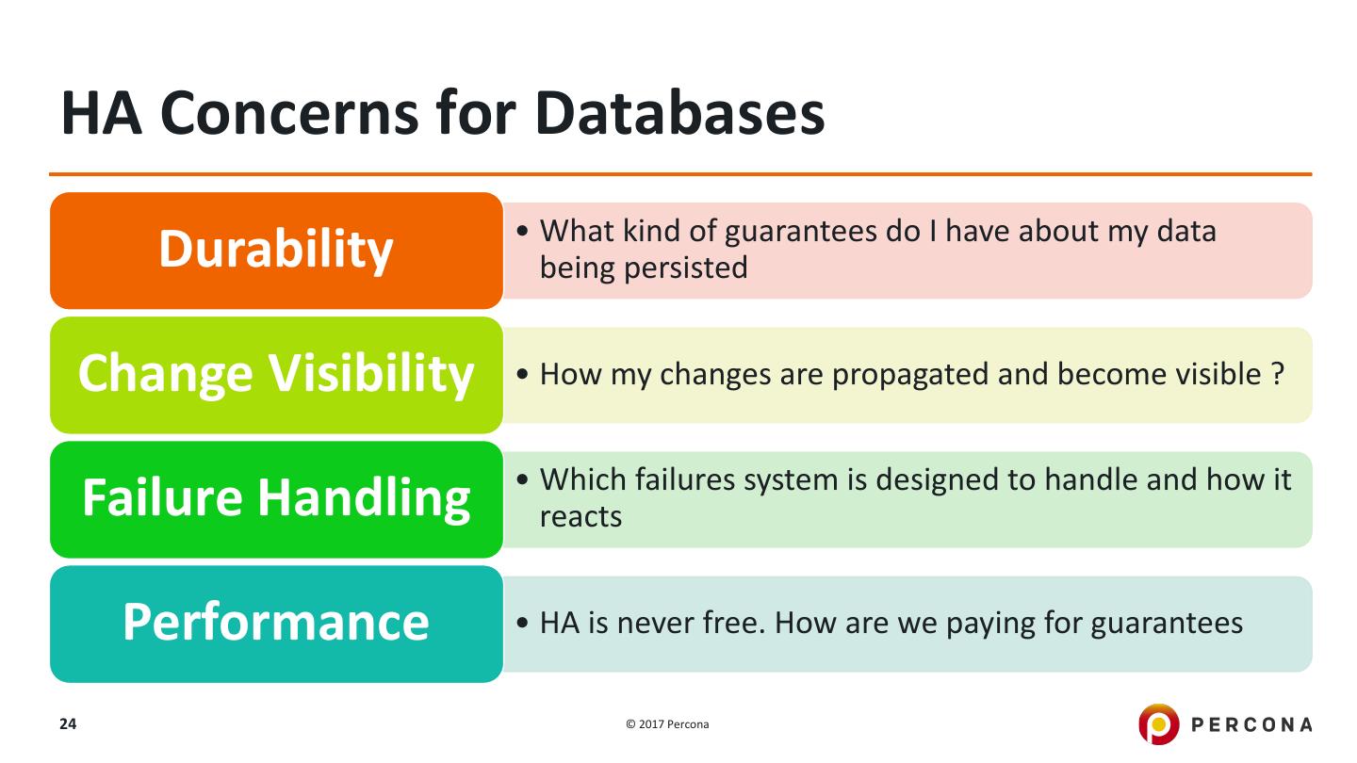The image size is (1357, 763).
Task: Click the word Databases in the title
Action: click(x=679, y=113)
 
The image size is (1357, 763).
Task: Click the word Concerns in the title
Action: click(x=289, y=113)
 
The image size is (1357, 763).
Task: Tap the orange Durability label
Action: click(x=276, y=251)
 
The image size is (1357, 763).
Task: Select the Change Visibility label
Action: click(x=276, y=375)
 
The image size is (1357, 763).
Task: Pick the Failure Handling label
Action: click(x=276, y=499)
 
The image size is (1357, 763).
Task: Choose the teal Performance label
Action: click(x=276, y=624)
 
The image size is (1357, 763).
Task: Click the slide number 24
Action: click(x=68, y=723)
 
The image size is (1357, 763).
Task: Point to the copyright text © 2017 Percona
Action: click(x=667, y=724)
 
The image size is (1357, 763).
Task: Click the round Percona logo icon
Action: click(x=1158, y=723)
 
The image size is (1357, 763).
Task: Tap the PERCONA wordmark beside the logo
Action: click(x=1251, y=724)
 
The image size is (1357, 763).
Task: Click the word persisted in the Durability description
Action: click(x=686, y=268)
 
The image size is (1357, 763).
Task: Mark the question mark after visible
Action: click(x=1278, y=374)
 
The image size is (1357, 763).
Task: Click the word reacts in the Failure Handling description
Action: click(x=580, y=517)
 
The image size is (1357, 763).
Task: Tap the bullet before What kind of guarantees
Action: click(x=522, y=231)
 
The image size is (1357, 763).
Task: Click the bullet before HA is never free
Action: click(x=522, y=623)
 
